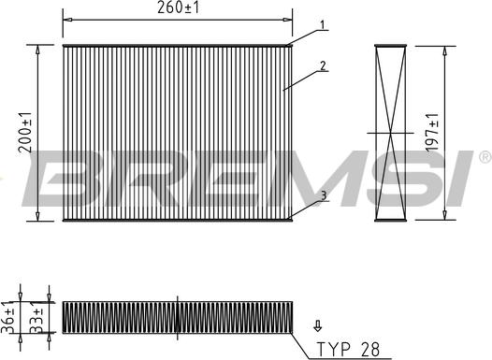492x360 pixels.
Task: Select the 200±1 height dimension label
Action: pos(25,131)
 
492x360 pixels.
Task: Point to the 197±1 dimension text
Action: pos(432,132)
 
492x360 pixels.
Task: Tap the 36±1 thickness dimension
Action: pos(9,317)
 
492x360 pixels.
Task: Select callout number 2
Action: pos(322,65)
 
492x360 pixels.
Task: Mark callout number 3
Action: pos(322,195)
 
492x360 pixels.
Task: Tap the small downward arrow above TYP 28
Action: pos(318,324)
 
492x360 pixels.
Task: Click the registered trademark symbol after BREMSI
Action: pos(485,155)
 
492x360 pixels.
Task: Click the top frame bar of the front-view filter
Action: pos(177,45)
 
